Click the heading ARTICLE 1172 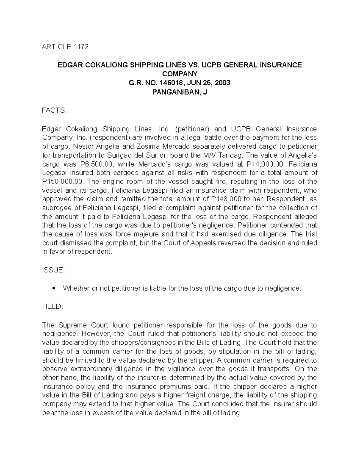tap(65, 47)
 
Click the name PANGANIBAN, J tap(179, 92)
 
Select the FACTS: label tap(54, 110)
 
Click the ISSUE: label tap(53, 270)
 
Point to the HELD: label tap(52, 306)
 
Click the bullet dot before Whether tap(54, 288)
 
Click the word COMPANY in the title tap(179, 74)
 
